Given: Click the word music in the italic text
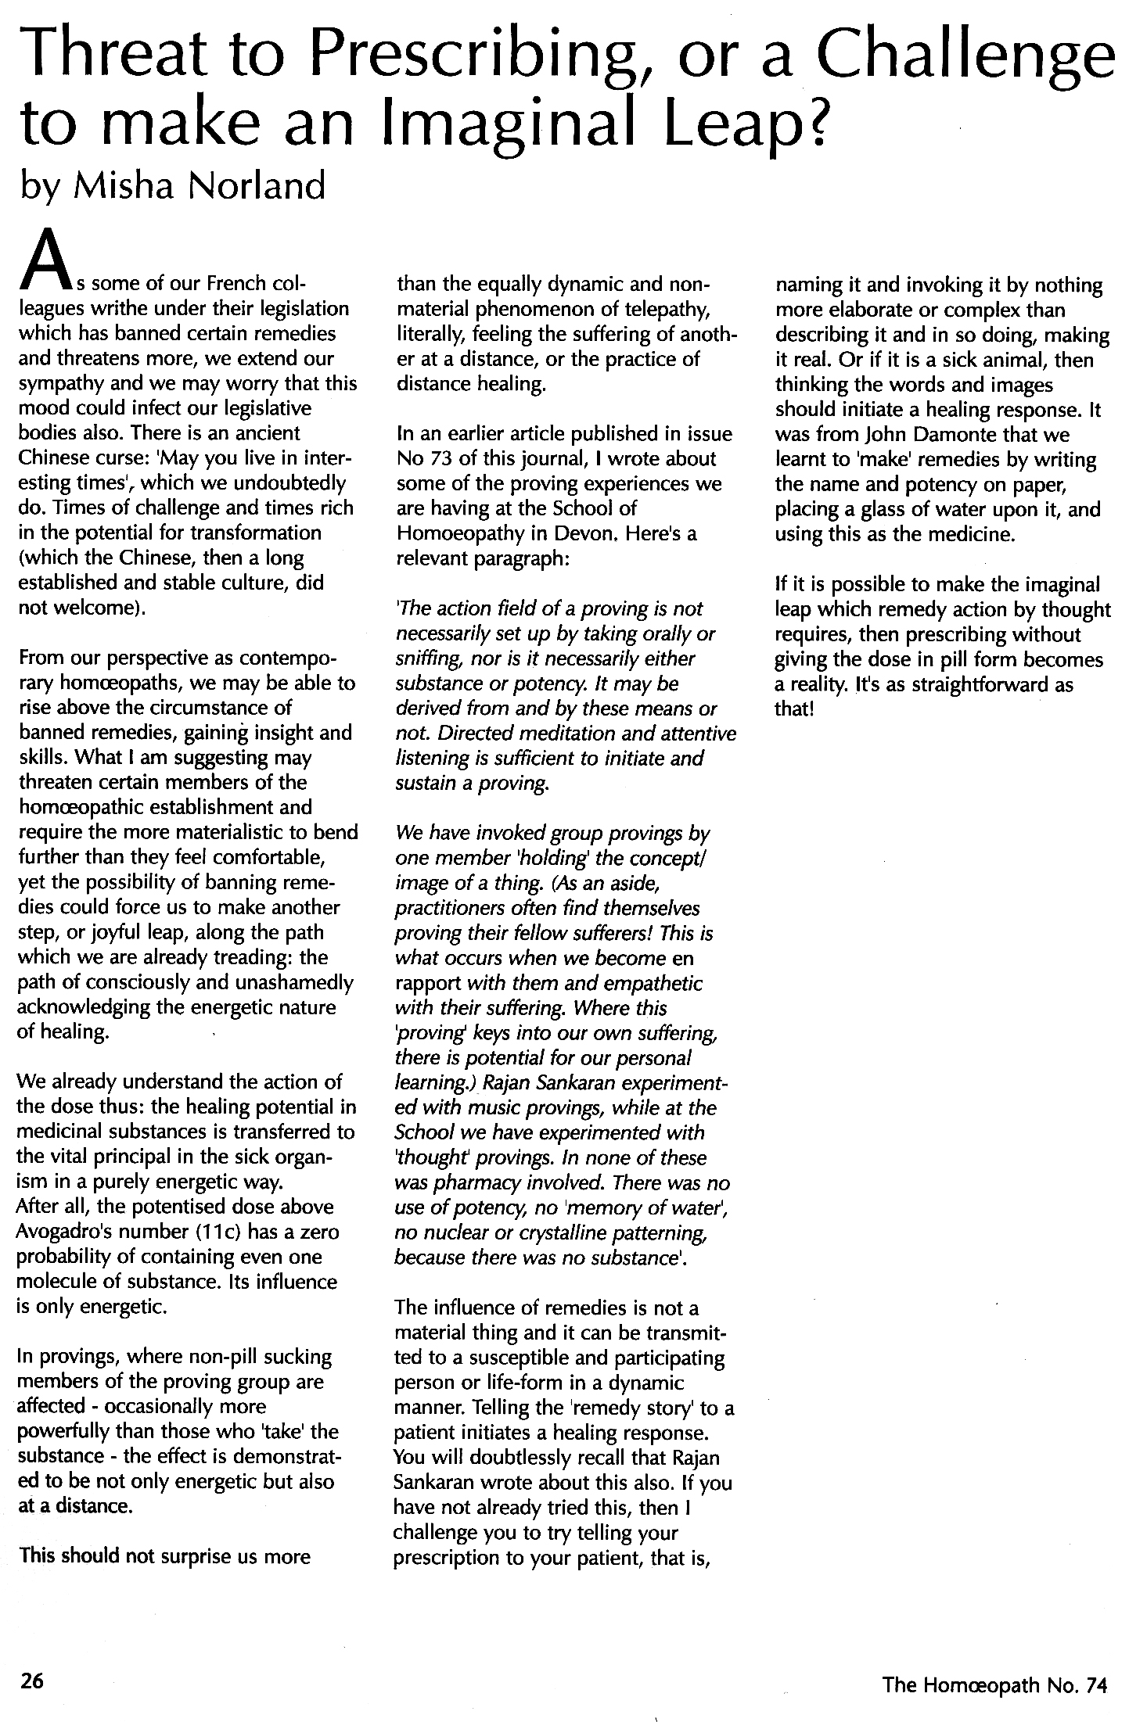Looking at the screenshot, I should (x=467, y=1108).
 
